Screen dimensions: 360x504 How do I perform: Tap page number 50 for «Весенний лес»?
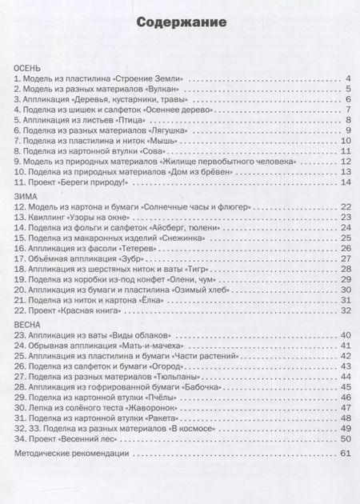[x=345, y=438]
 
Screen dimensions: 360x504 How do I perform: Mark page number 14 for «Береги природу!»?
[x=345, y=182]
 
